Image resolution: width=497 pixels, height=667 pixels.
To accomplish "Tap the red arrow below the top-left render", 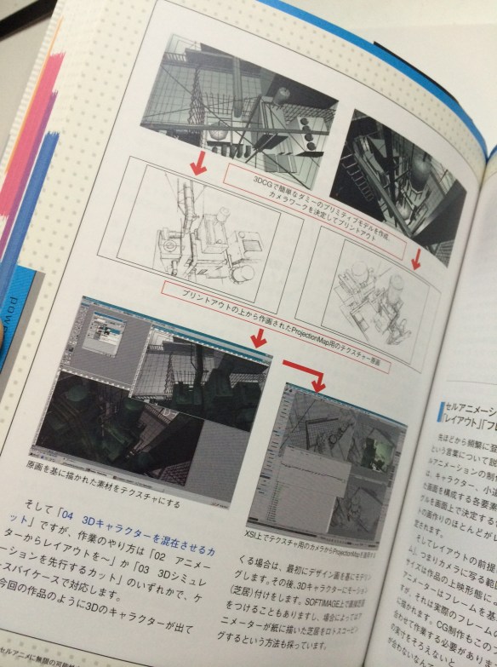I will (x=198, y=164).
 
